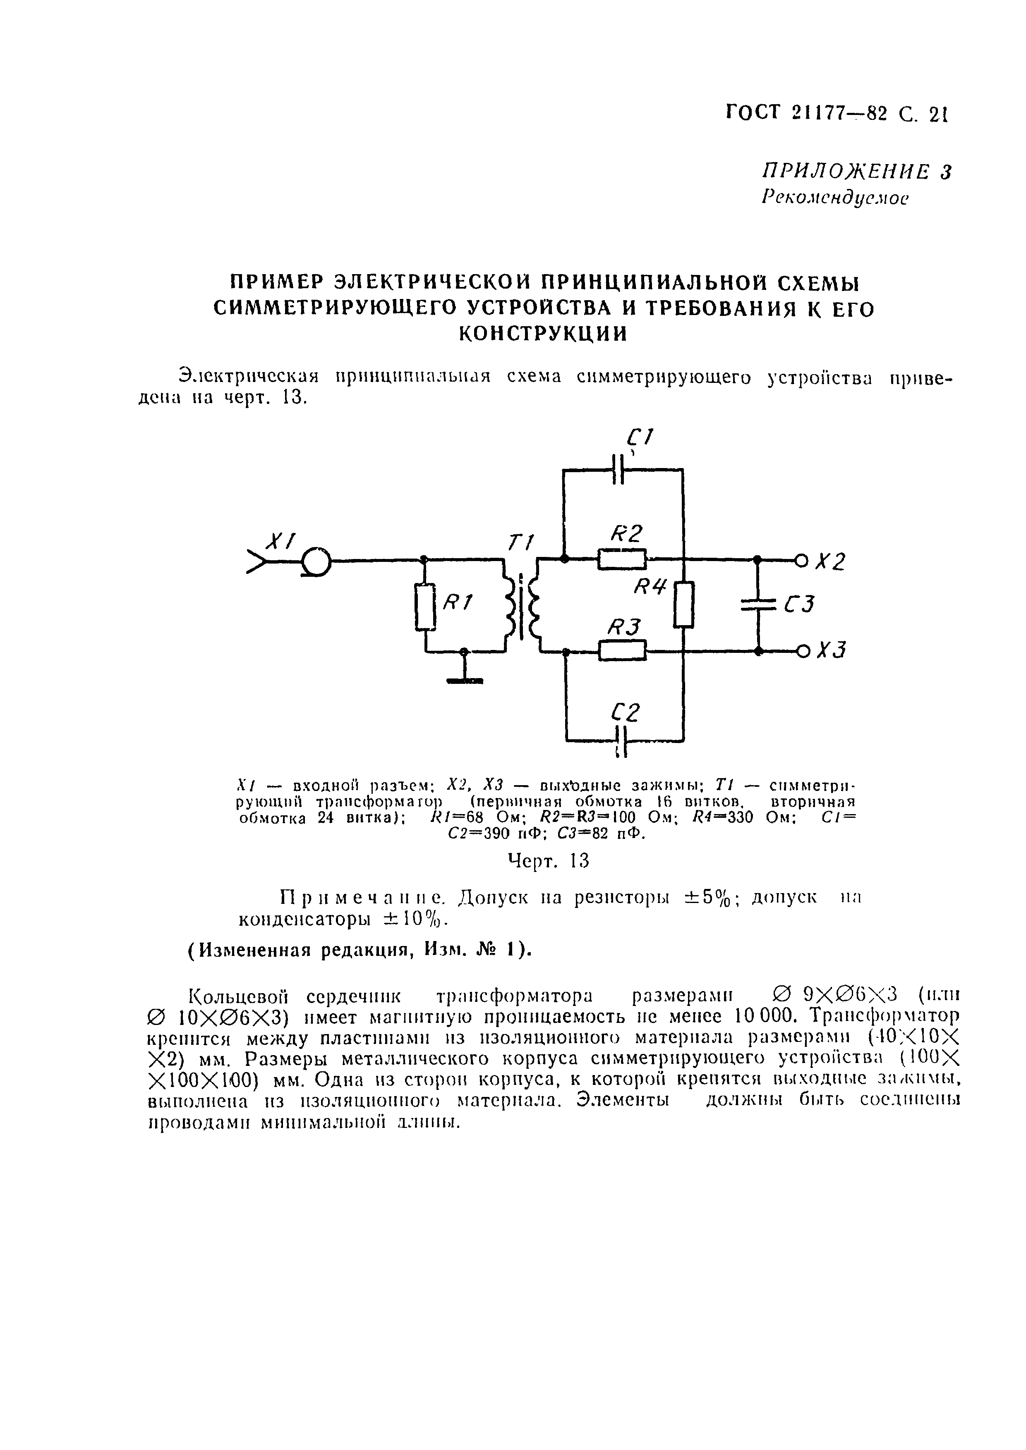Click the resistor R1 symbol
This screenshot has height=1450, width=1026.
pyautogui.click(x=425, y=606)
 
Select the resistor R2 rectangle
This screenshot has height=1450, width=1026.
pyautogui.click(x=622, y=559)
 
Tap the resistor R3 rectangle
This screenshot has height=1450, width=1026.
pyautogui.click(x=622, y=650)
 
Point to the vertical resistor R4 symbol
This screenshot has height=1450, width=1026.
pyautogui.click(x=683, y=604)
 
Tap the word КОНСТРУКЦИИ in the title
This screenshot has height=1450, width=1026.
pyautogui.click(x=543, y=333)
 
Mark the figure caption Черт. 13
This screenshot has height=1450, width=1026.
pyautogui.click(x=549, y=861)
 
